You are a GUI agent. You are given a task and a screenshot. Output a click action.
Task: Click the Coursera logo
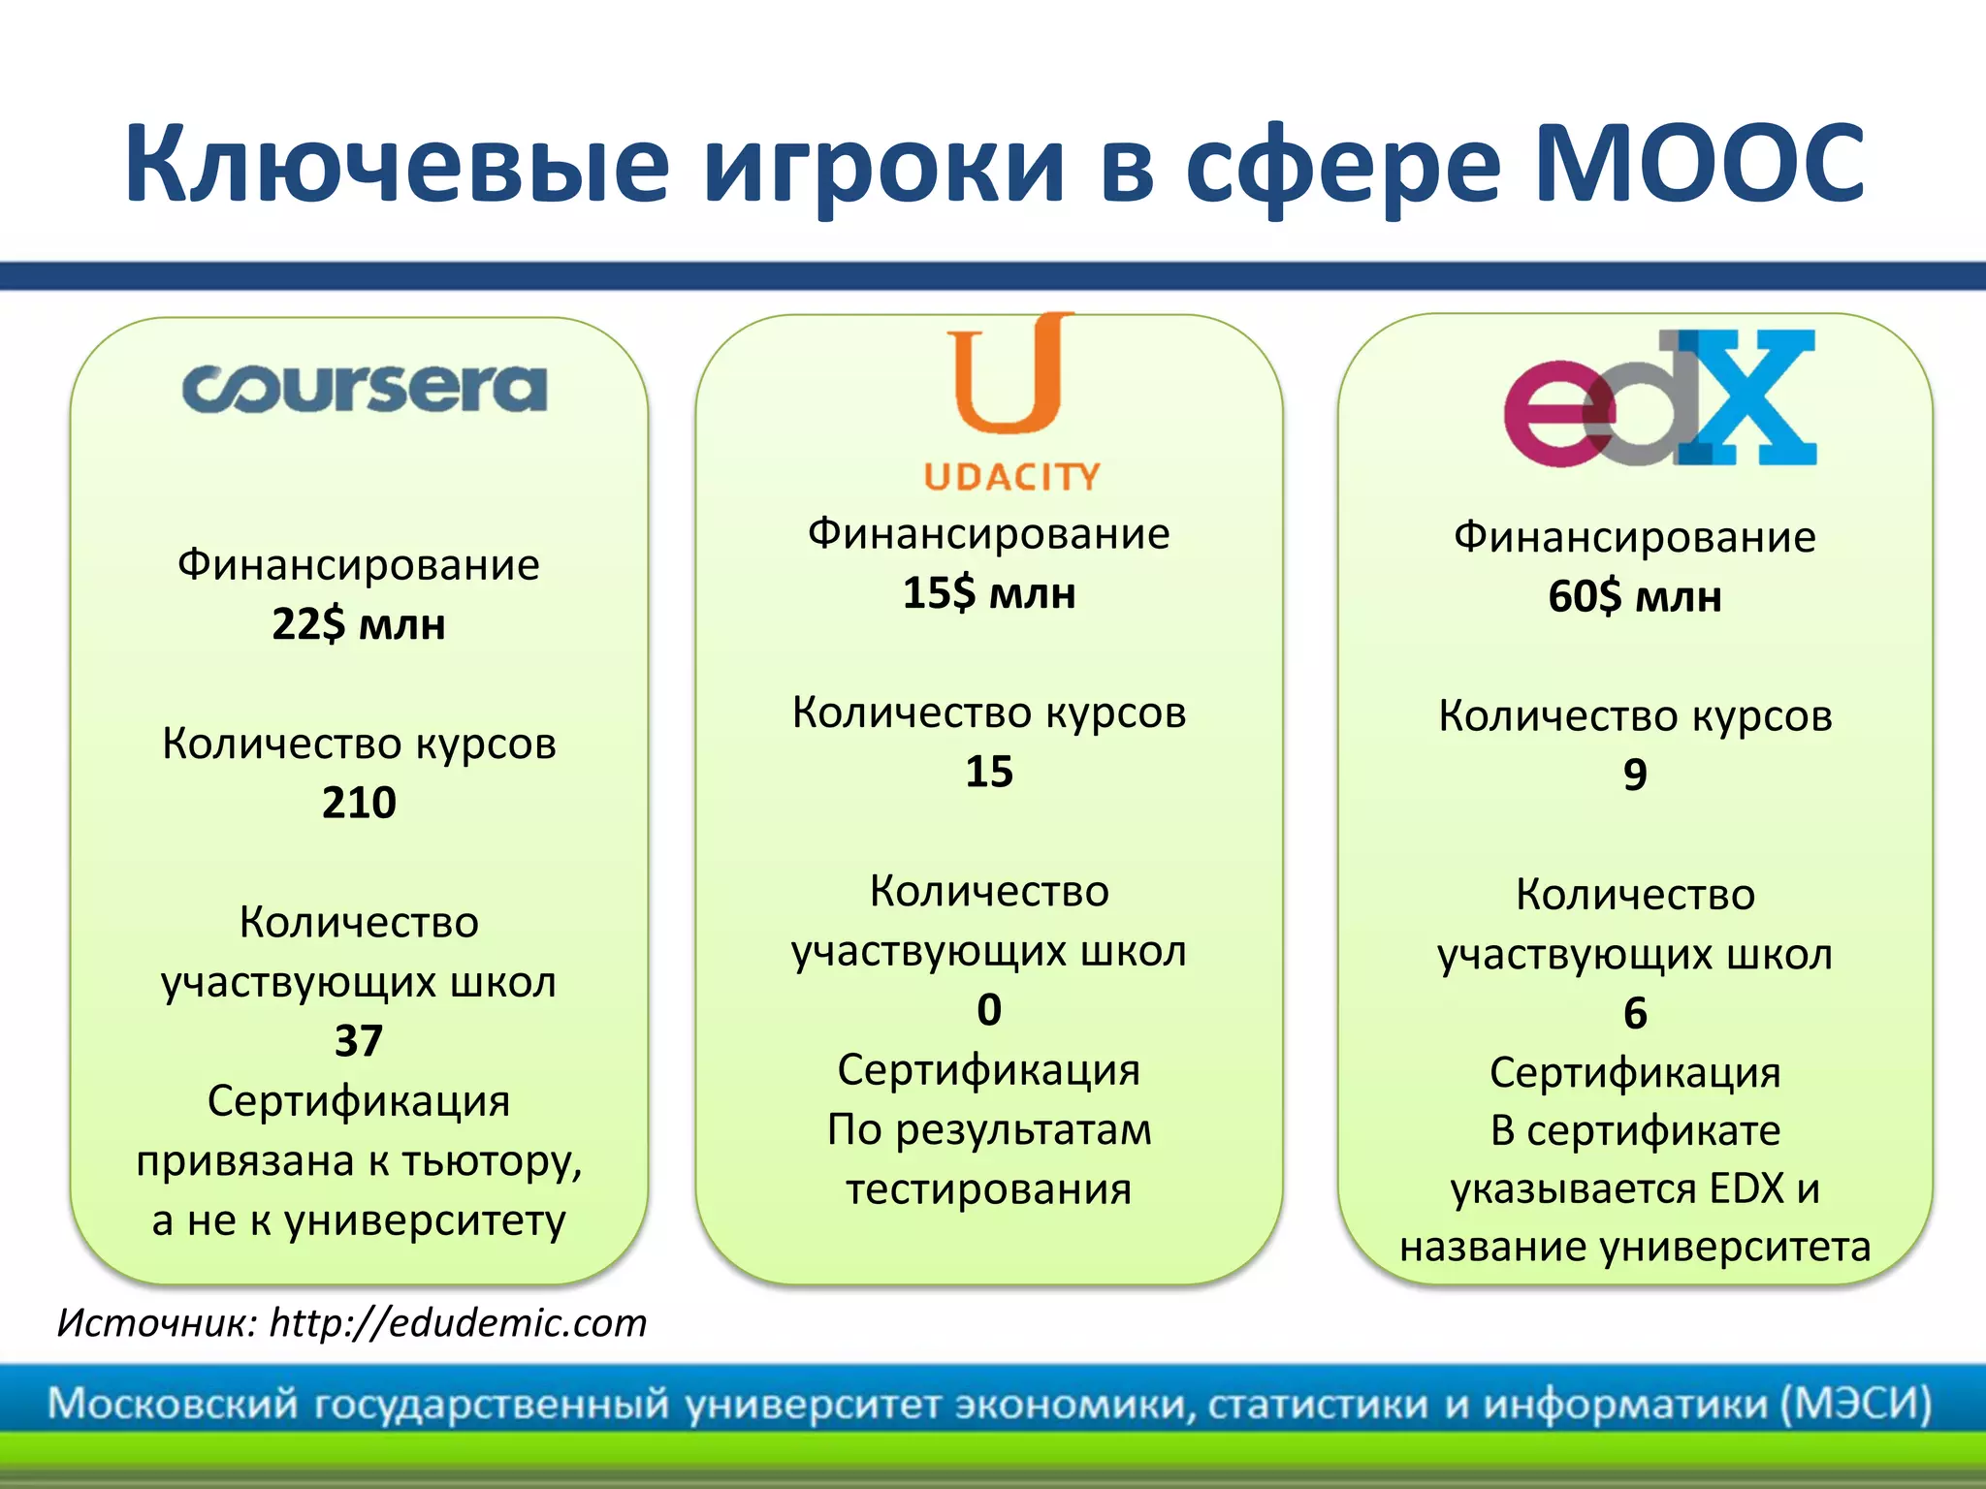point(365,389)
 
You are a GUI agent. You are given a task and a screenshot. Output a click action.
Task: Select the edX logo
point(1659,398)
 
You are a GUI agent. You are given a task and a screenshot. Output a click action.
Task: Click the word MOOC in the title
point(1698,165)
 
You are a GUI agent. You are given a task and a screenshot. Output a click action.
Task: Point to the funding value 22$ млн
point(359,624)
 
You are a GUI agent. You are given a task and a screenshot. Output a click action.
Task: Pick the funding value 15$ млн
point(989,593)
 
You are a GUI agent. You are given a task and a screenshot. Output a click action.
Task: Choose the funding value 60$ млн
point(1635,596)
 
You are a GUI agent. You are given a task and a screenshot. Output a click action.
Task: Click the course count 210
point(359,803)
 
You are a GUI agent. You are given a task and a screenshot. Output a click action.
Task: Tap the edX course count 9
point(1635,775)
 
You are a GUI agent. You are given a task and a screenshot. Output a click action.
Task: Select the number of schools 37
point(359,1041)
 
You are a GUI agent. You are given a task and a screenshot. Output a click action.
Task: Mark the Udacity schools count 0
point(989,1010)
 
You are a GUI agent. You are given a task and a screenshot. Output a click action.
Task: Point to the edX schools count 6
point(1635,1014)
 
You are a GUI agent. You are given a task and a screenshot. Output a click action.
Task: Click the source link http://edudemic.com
point(458,1323)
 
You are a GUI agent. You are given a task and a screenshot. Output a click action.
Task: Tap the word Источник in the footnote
point(155,1323)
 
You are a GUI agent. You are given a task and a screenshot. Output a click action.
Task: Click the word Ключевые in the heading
point(397,165)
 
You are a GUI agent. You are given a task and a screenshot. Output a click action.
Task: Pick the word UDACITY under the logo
point(1011,477)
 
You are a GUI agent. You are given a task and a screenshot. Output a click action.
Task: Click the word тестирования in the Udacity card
point(989,1189)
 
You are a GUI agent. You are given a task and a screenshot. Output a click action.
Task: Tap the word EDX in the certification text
point(1746,1188)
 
